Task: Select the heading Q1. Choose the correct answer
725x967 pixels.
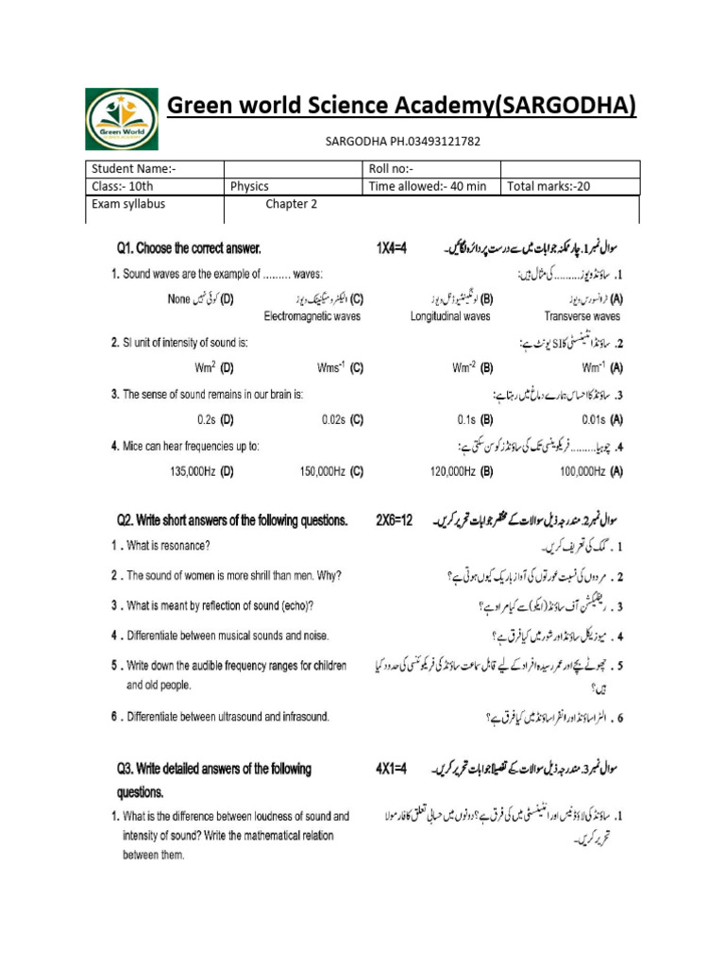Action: [x=189, y=249]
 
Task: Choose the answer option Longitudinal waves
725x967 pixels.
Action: [x=450, y=316]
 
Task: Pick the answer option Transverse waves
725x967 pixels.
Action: [x=582, y=316]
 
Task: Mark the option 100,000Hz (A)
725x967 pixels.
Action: [x=590, y=470]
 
